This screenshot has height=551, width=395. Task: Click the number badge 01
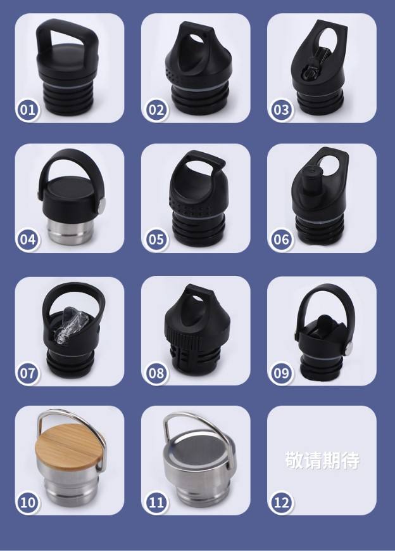(28, 110)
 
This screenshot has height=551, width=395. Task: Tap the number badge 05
(156, 240)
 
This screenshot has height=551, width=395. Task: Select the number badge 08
(156, 373)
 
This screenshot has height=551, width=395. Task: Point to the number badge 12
(281, 503)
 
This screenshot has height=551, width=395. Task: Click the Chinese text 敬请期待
(322, 460)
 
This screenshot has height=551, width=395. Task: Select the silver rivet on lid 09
(349, 347)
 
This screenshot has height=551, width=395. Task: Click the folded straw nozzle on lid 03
(315, 63)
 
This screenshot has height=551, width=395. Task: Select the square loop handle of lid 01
(66, 39)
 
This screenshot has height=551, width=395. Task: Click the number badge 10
(28, 503)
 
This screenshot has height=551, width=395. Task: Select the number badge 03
(281, 110)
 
